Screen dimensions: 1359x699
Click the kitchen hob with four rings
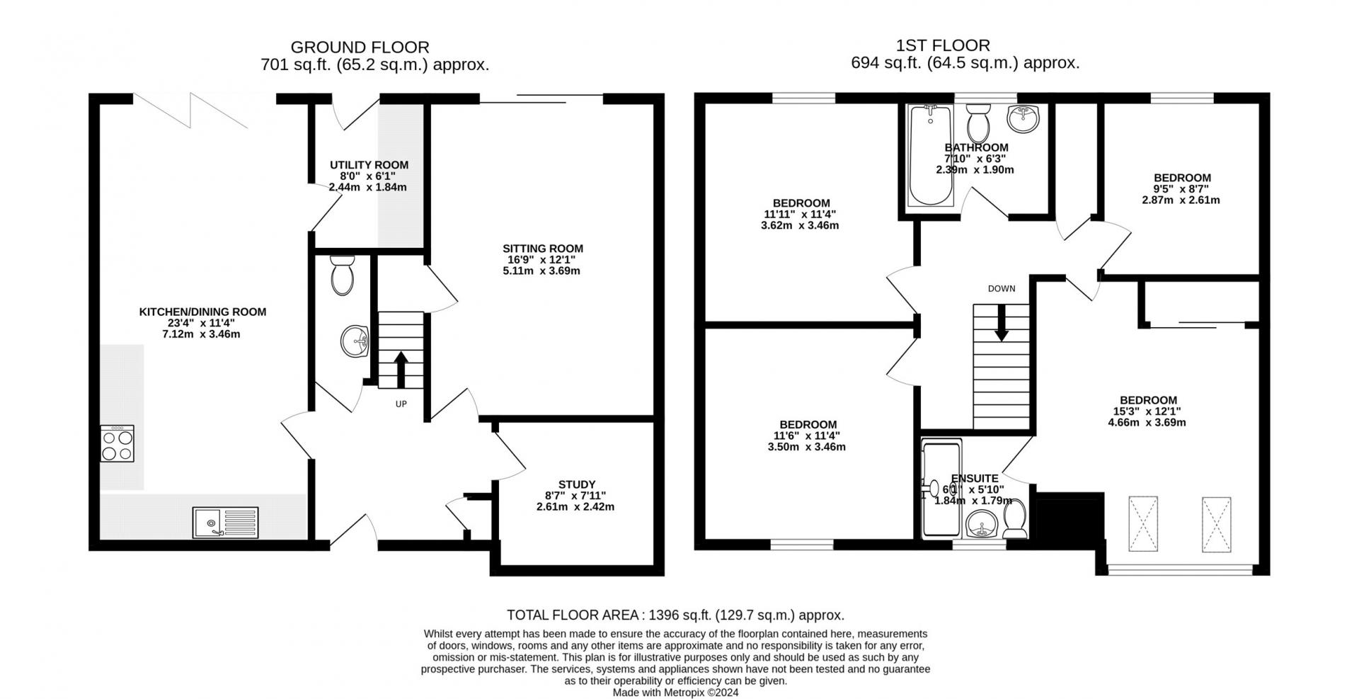117,443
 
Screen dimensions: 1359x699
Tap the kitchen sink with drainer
225,523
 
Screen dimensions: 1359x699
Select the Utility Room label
369,165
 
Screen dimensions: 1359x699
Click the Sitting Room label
543,249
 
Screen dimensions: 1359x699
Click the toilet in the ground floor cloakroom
343,275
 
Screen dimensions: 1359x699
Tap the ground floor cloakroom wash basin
355,341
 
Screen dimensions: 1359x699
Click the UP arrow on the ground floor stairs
401,369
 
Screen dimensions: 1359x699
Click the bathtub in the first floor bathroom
926,154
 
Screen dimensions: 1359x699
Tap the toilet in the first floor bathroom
978,123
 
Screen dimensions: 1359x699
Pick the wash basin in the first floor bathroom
1023,118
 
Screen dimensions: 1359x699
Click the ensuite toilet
1015,519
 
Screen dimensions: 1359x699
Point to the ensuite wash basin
982,525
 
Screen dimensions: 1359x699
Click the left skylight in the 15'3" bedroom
1144,524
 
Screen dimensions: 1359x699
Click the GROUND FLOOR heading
360,47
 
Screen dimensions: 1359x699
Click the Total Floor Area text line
676,615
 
